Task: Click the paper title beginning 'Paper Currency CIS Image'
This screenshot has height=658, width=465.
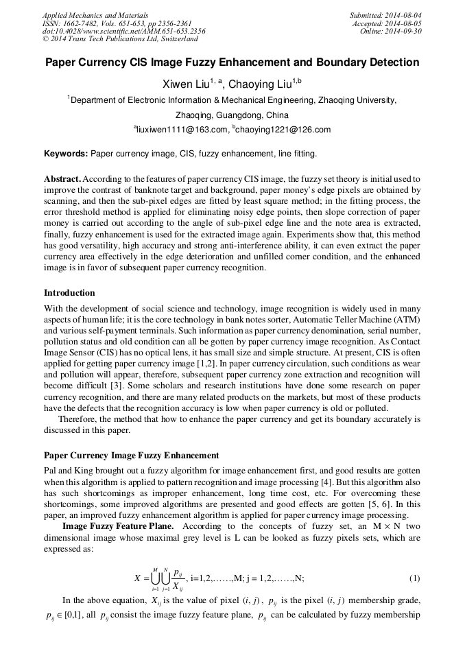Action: click(232, 62)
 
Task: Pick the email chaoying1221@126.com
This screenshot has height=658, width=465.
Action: click(274, 130)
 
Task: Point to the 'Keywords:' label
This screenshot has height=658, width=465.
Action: click(66, 154)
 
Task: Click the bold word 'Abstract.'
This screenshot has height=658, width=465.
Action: click(64, 178)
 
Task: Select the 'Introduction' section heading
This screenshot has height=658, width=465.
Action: click(69, 293)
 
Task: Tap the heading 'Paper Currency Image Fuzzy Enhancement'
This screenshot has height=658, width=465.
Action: click(132, 455)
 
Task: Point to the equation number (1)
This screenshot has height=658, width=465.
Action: click(414, 577)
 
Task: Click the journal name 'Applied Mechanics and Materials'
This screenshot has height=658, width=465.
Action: click(95, 14)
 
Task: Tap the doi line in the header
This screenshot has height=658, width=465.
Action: click(123, 31)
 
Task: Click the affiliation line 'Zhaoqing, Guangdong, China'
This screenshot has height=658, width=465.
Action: click(232, 115)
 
